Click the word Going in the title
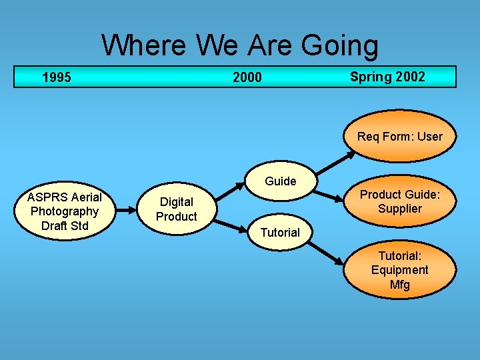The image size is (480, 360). [x=340, y=46]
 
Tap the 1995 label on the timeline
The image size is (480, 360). [x=56, y=77]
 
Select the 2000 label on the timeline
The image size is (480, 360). [x=247, y=77]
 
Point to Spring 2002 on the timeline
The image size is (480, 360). [x=387, y=77]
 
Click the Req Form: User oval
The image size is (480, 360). [x=399, y=137]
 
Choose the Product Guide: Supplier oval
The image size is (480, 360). [x=399, y=201]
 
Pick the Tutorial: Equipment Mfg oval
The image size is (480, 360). [x=399, y=270]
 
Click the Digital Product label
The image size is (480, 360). [x=176, y=209]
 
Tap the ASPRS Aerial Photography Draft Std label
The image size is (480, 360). [x=65, y=211]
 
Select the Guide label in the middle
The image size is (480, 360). [x=280, y=181]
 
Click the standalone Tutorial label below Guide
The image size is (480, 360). [x=280, y=232]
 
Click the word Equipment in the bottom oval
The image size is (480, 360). [x=399, y=270]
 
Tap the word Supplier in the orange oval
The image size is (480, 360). [x=399, y=209]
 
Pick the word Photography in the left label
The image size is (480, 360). [x=65, y=211]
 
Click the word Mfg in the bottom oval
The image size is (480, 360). [x=399, y=285]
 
